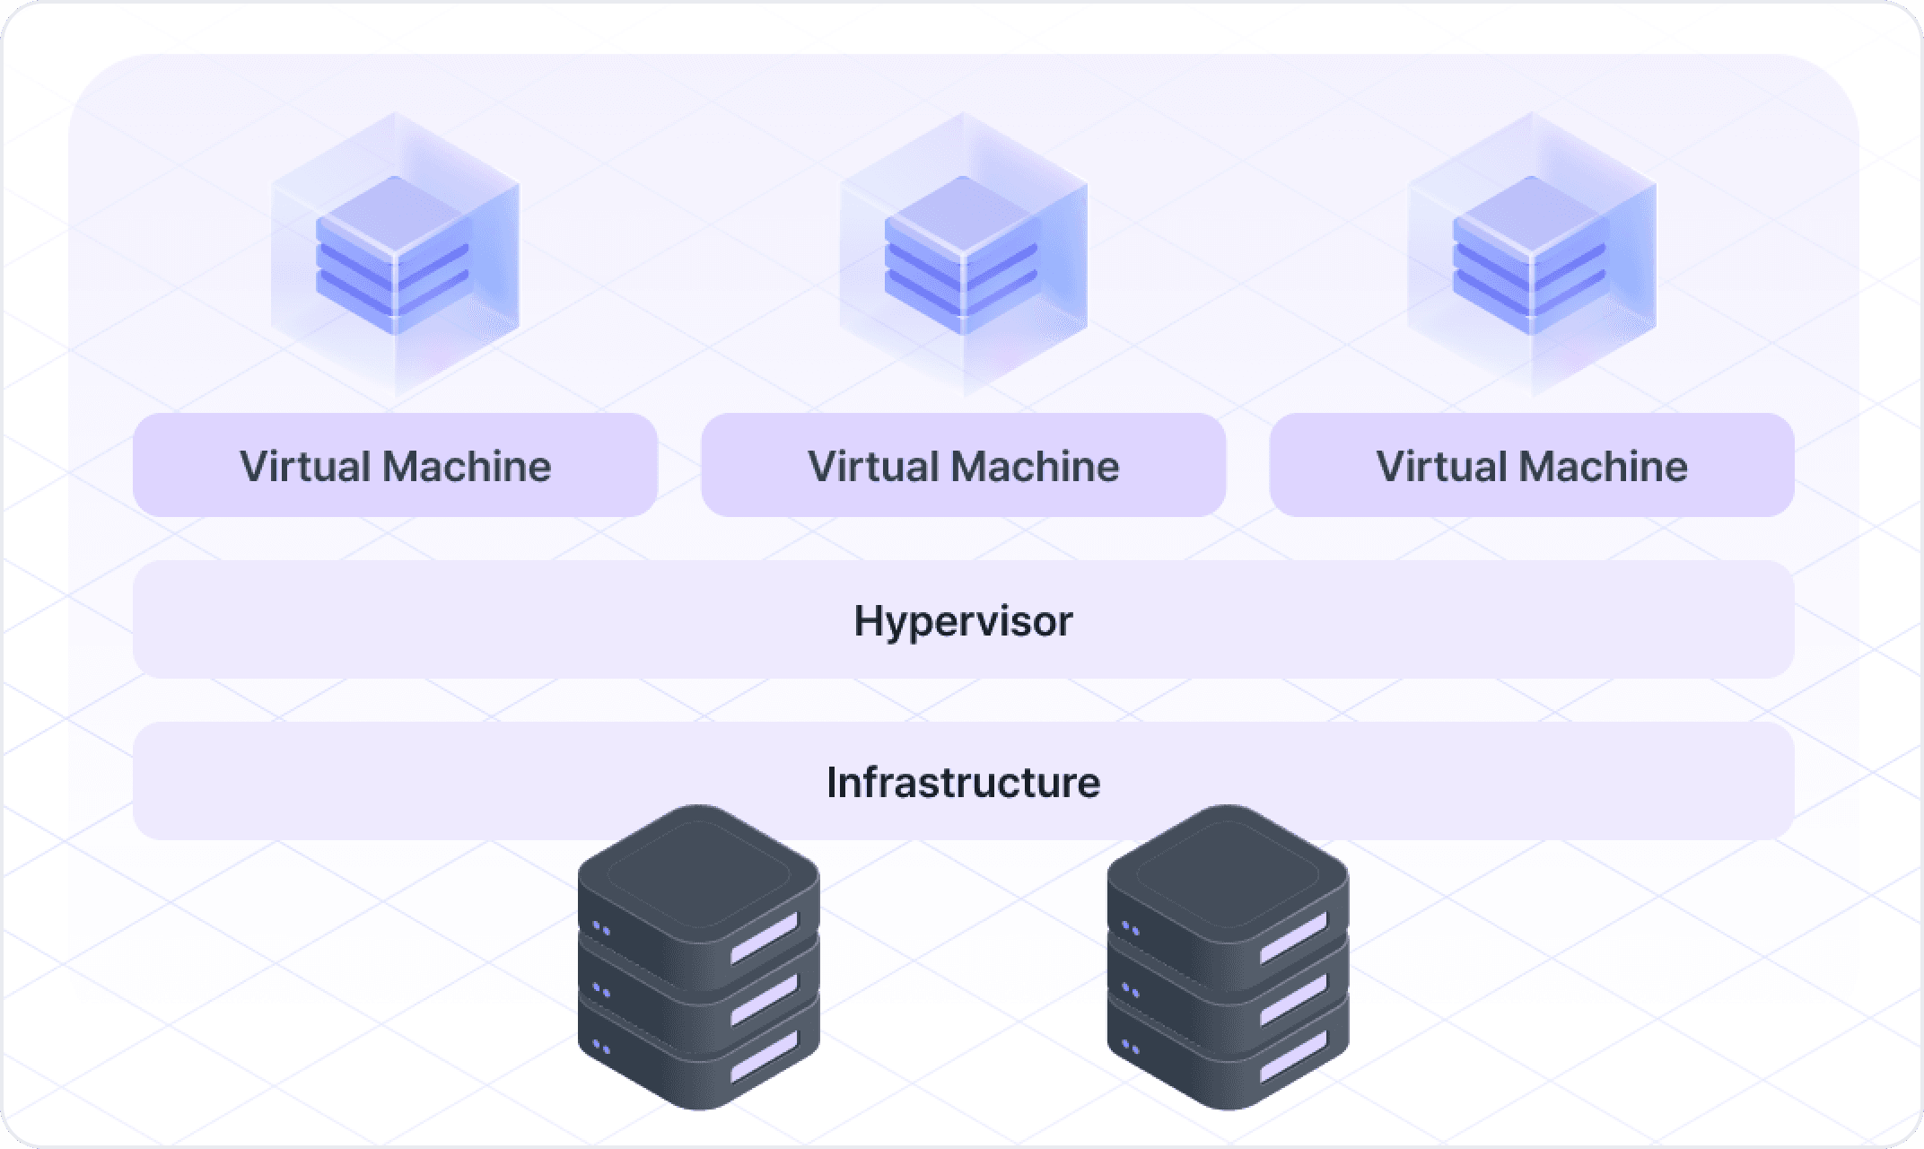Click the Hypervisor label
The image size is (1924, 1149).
tap(963, 621)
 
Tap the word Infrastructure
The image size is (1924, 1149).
tap(963, 782)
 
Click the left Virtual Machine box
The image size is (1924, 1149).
tap(395, 465)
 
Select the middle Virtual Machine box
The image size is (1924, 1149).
tap(963, 465)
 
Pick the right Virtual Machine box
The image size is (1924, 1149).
tap(1531, 465)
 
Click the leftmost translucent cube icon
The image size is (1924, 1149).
tap(395, 256)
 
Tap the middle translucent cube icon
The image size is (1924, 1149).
tap(963, 256)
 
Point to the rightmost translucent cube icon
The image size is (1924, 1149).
tap(1531, 256)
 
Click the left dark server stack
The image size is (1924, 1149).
tap(698, 956)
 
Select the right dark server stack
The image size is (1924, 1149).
tap(1228, 956)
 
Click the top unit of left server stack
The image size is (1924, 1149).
tap(698, 889)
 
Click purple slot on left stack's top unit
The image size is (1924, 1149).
tap(764, 938)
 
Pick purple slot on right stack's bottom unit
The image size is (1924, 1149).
tap(1293, 1057)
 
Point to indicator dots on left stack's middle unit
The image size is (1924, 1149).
tap(601, 990)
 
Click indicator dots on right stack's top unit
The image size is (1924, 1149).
tap(1131, 929)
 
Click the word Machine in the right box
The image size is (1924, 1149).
tap(1603, 466)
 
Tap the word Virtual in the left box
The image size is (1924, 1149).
tap(304, 466)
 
